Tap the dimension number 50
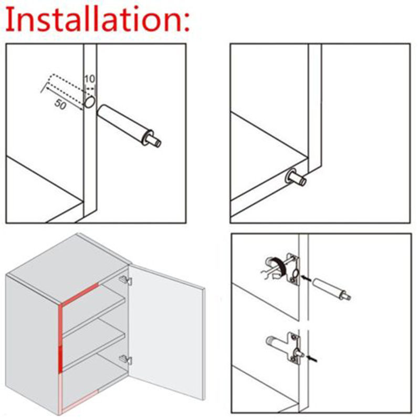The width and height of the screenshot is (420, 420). [x=60, y=104]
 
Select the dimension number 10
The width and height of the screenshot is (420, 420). [x=90, y=79]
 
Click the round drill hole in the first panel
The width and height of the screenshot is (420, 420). [x=90, y=102]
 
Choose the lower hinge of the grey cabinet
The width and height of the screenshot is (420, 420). [x=125, y=360]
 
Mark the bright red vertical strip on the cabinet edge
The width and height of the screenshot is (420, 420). [x=60, y=338]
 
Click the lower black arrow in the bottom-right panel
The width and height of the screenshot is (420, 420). [x=312, y=359]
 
